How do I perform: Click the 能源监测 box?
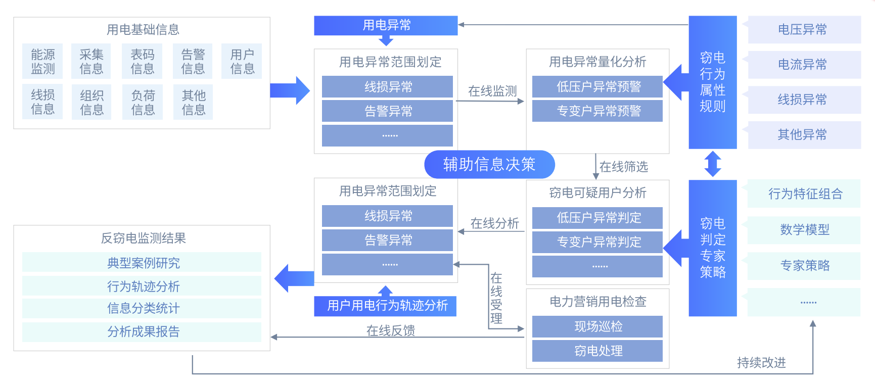pyautogui.click(x=42, y=61)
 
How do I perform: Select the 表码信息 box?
pyautogui.click(x=142, y=61)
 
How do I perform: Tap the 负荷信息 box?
pyautogui.click(x=143, y=102)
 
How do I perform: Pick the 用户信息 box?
pyautogui.click(x=242, y=61)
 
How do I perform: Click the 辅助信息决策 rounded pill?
pyautogui.click(x=489, y=164)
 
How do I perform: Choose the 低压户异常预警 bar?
pyautogui.click(x=597, y=86)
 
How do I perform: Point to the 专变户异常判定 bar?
pyautogui.click(x=597, y=242)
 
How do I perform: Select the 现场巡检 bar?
pyautogui.click(x=597, y=326)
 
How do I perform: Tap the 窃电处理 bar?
pyautogui.click(x=597, y=351)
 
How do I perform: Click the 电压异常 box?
pyautogui.click(x=804, y=29)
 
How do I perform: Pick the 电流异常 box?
pyautogui.click(x=804, y=64)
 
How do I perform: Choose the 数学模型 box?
pyautogui.click(x=804, y=230)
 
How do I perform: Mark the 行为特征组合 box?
pyautogui.click(x=804, y=194)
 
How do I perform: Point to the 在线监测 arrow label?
pyautogui.click(x=492, y=91)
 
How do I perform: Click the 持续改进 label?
pyautogui.click(x=761, y=362)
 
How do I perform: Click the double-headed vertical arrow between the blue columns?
pyautogui.click(x=712, y=164)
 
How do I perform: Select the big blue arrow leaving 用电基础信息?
pyautogui.click(x=290, y=90)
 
